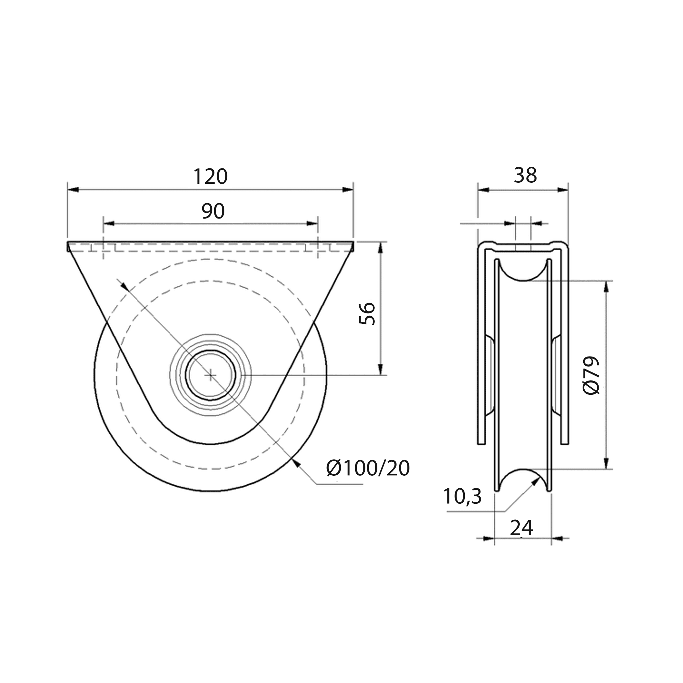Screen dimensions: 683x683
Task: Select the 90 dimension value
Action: tap(213, 211)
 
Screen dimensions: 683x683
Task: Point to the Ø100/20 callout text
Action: tap(368, 469)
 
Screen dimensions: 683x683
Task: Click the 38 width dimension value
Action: tap(525, 175)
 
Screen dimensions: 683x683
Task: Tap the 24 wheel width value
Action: tap(521, 528)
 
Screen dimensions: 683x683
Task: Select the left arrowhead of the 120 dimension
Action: tap(72, 190)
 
